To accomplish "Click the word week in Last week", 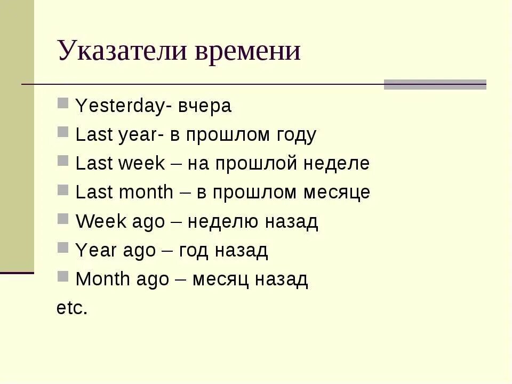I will point(142,164).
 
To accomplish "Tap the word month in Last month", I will point(147,192).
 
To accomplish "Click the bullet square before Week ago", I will point(63,218).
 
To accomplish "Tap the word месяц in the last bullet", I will point(217,279).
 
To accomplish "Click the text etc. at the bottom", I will point(71,308).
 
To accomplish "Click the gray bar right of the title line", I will point(435,84).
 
